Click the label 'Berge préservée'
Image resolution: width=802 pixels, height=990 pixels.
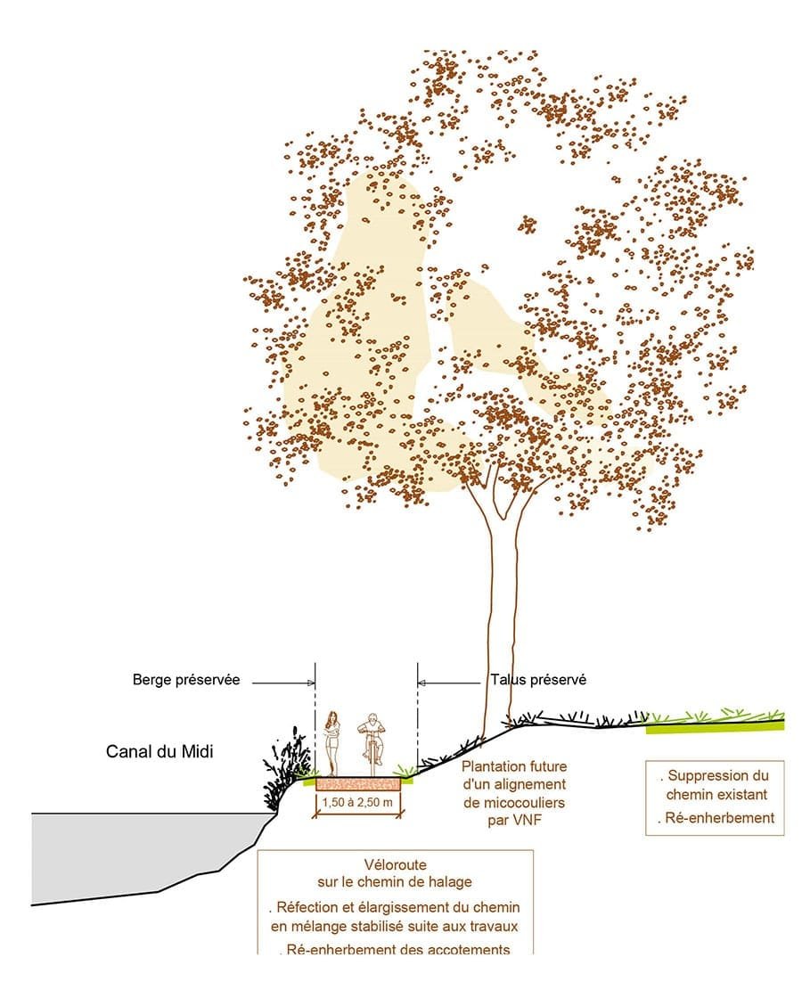[186, 679]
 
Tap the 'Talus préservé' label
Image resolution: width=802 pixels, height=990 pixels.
[538, 679]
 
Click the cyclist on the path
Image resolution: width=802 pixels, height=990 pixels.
[372, 742]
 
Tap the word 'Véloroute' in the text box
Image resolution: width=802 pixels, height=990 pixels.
[395, 865]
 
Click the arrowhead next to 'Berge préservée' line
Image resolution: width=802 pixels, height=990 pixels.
[311, 683]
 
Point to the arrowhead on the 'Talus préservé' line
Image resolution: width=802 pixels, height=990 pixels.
[421, 683]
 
